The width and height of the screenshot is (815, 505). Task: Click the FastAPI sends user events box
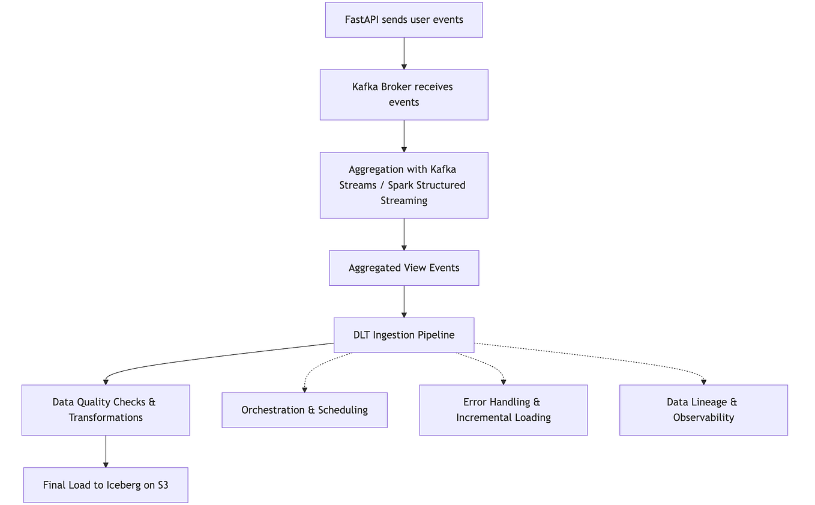coord(404,20)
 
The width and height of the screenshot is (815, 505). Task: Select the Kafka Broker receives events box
coord(404,94)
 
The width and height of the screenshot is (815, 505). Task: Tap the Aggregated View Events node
coord(404,268)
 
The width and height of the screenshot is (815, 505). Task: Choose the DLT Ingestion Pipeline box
coord(404,335)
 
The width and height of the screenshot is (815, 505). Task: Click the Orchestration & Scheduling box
coord(304,410)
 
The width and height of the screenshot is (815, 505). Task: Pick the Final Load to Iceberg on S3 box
coord(106,485)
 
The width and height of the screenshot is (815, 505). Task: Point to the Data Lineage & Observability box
coord(703,410)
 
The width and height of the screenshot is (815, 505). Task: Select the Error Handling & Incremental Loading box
coord(503,410)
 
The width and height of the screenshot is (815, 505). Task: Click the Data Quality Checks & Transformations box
coord(106,410)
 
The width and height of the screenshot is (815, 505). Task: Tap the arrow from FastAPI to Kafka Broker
coord(404,53)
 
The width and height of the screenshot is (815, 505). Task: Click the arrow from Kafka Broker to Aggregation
coord(404,136)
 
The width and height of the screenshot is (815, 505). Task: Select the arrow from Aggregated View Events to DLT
coord(404,301)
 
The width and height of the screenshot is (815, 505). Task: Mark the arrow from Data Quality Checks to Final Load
coord(106,451)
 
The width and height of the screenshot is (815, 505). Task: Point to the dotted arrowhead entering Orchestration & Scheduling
coord(305,389)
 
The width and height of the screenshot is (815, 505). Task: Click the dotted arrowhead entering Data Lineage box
coord(703,381)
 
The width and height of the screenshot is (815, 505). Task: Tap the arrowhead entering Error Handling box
coord(503,381)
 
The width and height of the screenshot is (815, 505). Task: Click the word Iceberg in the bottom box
coord(124,485)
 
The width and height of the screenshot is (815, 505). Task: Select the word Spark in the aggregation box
coord(400,185)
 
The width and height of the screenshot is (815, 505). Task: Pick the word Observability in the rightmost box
coord(703,417)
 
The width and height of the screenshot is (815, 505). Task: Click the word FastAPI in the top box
coord(362,20)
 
